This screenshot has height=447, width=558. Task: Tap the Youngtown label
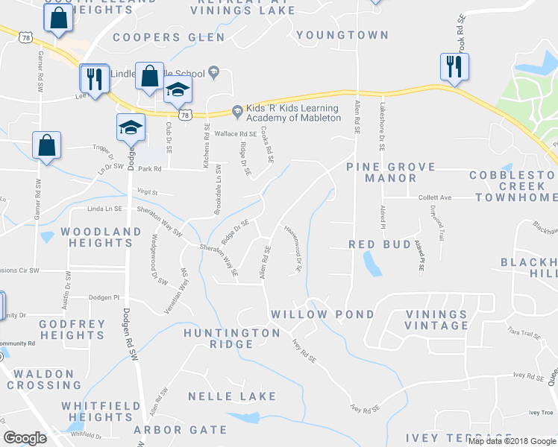coord(342,35)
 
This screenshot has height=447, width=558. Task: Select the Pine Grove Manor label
coord(381,173)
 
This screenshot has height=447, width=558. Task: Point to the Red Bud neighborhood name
coord(380,244)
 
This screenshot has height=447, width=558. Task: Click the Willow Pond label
coord(322,314)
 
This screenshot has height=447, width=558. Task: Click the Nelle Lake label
coord(231,396)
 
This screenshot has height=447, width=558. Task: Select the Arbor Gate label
coord(180,430)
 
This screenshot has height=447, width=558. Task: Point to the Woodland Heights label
coord(97,238)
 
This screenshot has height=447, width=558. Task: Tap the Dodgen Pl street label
coord(104,297)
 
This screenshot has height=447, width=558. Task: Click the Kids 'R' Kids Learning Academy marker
coord(236,112)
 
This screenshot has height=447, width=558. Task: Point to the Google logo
coord(25,438)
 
